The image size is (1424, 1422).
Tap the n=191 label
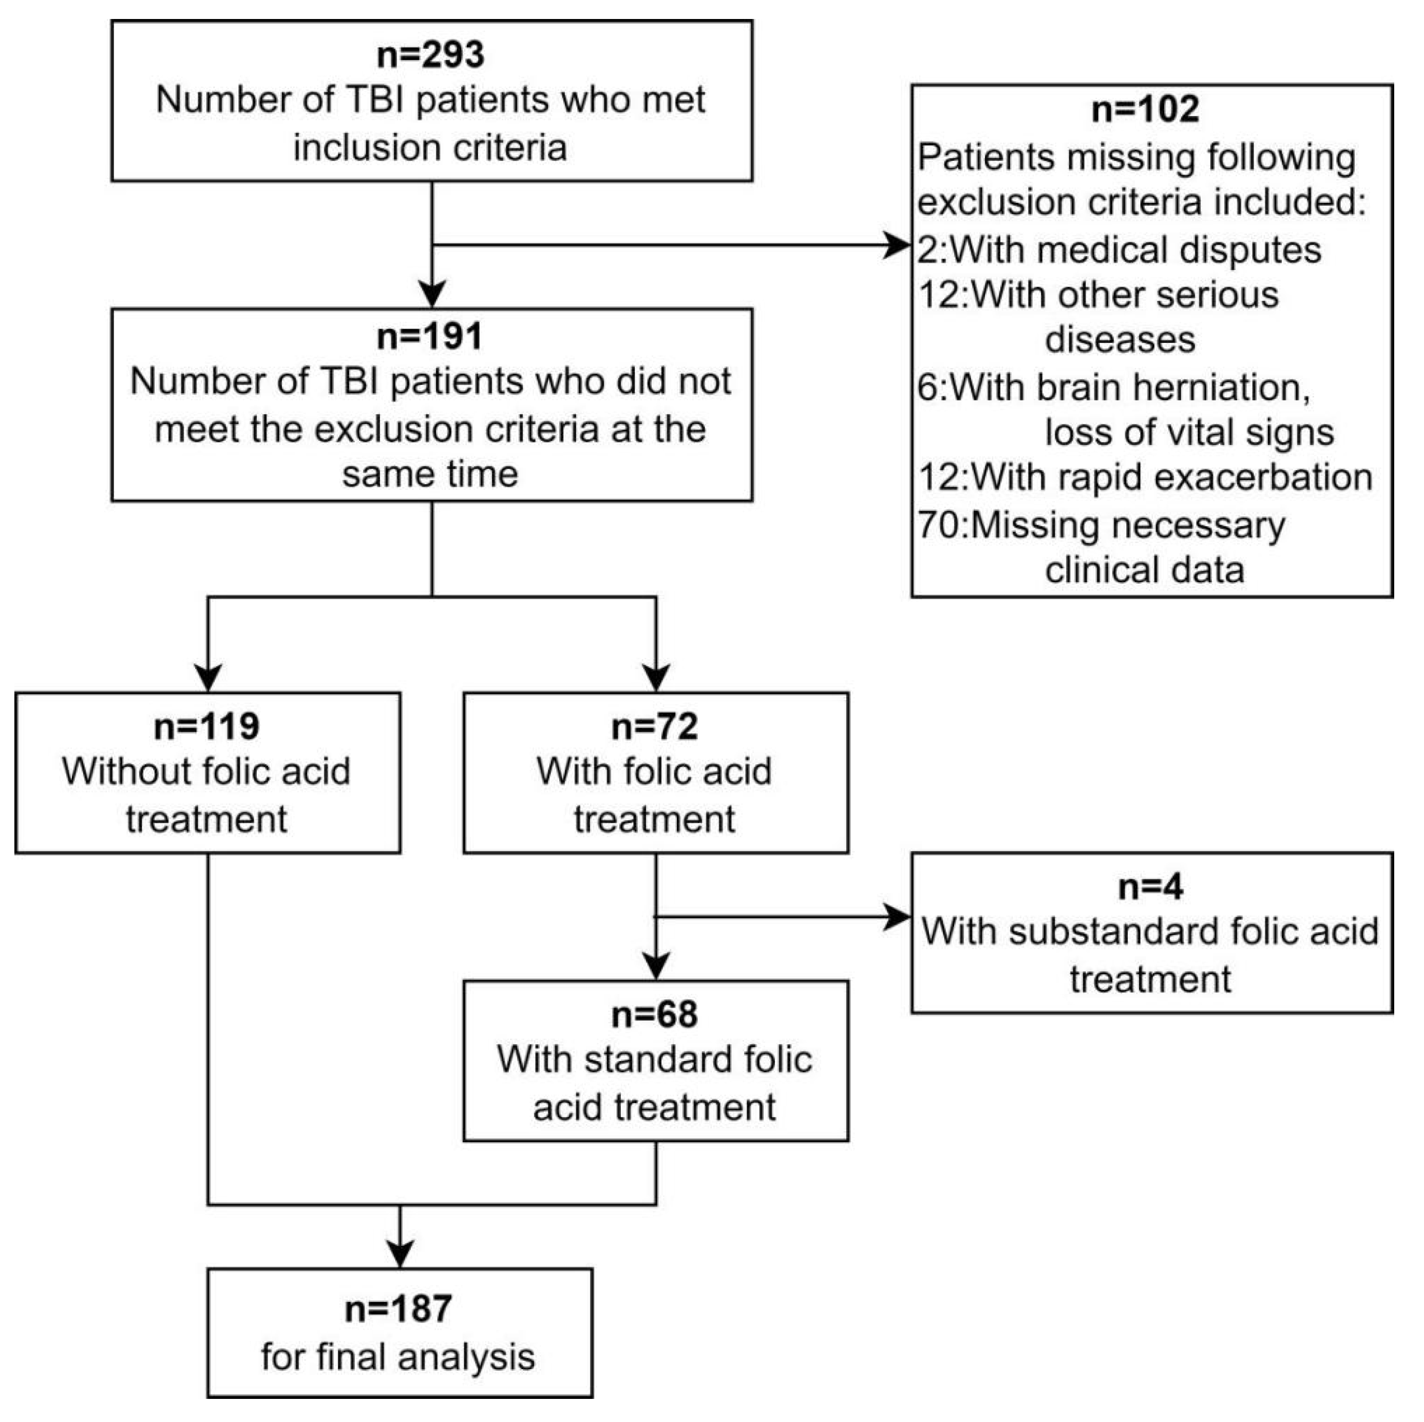coord(430,337)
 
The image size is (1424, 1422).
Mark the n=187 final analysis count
coord(398,1309)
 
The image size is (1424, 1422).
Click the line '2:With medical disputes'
coord(1119,250)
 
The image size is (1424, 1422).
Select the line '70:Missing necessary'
coord(1102,525)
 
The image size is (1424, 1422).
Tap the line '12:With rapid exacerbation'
coord(1145,477)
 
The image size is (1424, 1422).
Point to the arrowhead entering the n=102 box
coord(898,245)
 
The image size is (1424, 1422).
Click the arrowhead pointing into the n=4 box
coord(898,917)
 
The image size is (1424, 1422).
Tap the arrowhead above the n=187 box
coord(400,1253)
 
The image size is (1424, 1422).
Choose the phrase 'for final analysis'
coord(398,1357)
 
